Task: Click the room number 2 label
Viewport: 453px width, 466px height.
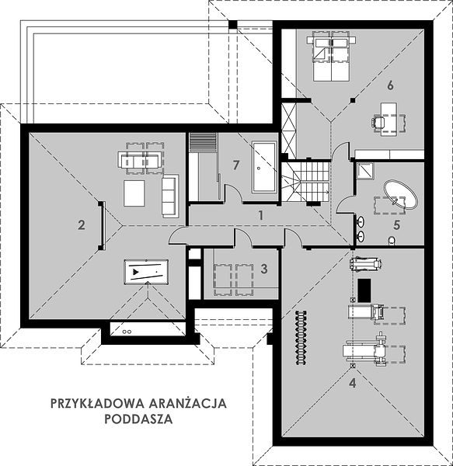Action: [x=81, y=225]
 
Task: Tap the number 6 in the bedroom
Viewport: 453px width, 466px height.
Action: [x=390, y=85]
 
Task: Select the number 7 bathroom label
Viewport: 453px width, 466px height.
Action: [x=236, y=165]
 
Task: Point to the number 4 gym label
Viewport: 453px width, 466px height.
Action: [x=352, y=383]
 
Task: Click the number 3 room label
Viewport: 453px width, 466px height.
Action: [x=264, y=269]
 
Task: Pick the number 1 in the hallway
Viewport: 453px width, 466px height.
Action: [x=260, y=215]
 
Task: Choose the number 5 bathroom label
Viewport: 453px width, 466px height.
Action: [x=396, y=225]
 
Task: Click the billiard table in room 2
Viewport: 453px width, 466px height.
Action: [x=146, y=272]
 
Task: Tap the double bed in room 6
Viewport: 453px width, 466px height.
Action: [x=331, y=56]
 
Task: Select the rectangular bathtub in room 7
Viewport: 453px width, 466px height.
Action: [x=264, y=167]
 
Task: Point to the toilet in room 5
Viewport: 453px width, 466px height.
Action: [x=392, y=241]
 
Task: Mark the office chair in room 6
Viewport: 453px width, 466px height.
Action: [x=378, y=122]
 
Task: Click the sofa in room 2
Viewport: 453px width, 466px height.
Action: [x=170, y=196]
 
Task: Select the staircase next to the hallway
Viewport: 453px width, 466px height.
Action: [x=306, y=181]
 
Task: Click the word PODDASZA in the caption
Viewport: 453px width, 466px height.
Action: [x=138, y=419]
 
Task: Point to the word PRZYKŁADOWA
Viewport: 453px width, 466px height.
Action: [x=98, y=403]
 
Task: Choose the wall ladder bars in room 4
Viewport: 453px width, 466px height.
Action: [x=301, y=337]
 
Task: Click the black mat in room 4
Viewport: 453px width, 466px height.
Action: [x=364, y=290]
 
